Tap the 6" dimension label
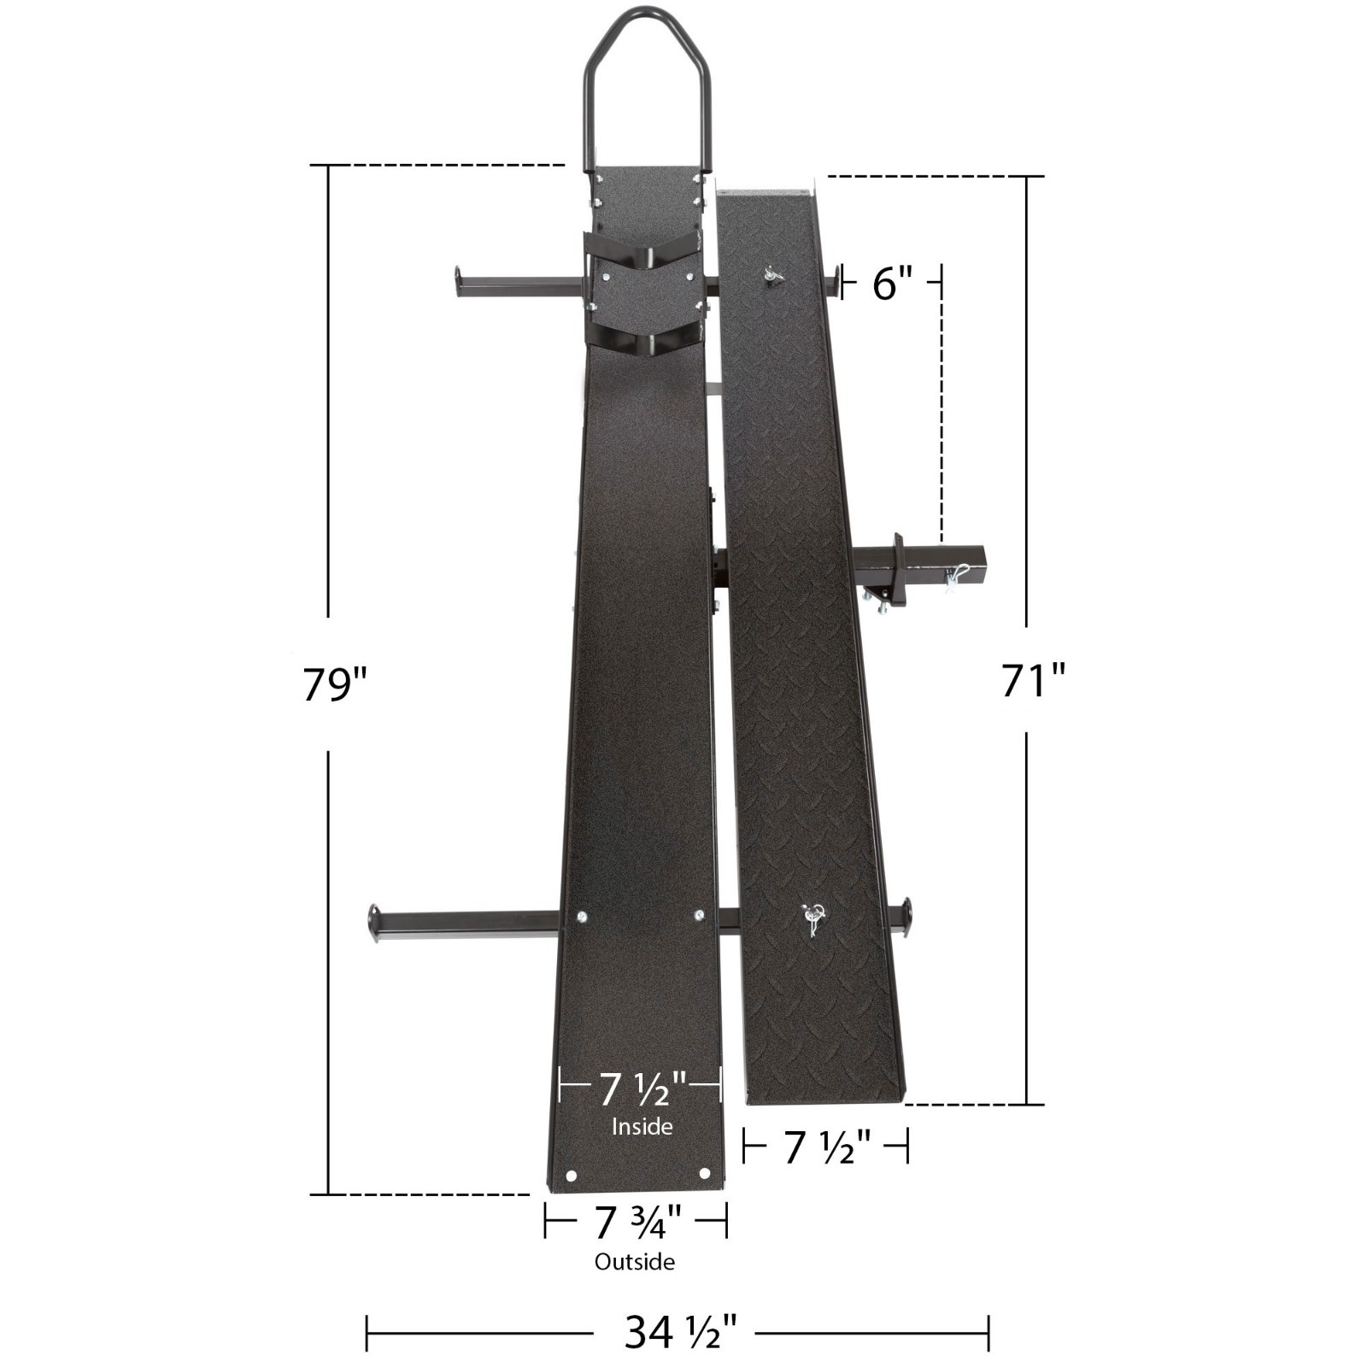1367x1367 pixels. pos(893,283)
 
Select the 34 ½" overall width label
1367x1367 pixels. pos(680,1331)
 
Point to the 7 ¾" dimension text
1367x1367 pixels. pos(637,1222)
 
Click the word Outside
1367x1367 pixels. pos(635,1262)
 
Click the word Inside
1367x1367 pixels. pos(642,1126)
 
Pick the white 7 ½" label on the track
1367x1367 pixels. pos(642,1088)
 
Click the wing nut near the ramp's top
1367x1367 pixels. pos(774,276)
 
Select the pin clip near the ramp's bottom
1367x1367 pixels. pos(812,918)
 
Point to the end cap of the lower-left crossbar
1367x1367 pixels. pos(373,924)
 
